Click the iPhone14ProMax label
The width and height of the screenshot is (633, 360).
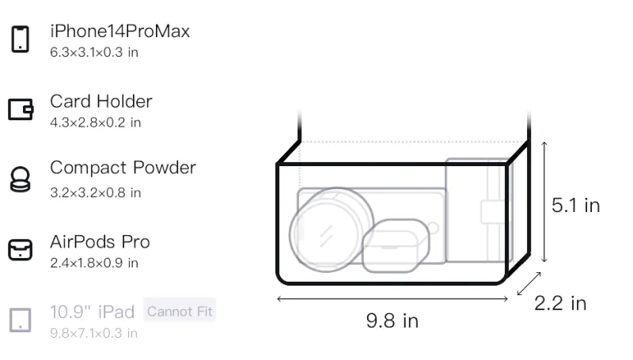tap(120, 32)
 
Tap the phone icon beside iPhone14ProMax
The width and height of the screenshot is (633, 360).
tap(21, 39)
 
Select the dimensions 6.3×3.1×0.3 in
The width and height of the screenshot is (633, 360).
tap(94, 52)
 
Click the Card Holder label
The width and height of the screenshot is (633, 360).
tap(101, 101)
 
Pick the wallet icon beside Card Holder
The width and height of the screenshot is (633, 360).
tap(21, 109)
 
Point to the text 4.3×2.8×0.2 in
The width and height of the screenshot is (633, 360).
tap(95, 123)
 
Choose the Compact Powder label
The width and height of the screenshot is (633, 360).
tap(123, 168)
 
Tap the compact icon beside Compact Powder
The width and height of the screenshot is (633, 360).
tap(21, 179)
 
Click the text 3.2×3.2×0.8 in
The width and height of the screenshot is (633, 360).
tap(95, 193)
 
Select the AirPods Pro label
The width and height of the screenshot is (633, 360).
tap(100, 242)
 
